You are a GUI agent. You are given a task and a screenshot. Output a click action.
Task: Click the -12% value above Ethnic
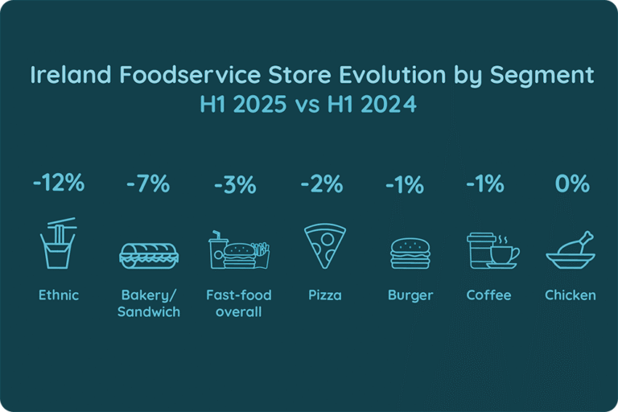pos(59,183)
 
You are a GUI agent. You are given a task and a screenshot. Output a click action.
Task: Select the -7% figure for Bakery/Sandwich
pos(148,183)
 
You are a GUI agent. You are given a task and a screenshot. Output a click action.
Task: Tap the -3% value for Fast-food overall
pos(235,184)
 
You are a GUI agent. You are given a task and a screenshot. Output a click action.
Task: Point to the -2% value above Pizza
pos(322,184)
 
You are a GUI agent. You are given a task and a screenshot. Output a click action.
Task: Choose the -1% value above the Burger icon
pos(404,184)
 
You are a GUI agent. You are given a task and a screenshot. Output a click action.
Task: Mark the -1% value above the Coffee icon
pos(485,184)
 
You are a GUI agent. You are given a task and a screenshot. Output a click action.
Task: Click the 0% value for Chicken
pos(572,184)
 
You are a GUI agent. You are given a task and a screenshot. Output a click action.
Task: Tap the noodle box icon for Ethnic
pos(58,243)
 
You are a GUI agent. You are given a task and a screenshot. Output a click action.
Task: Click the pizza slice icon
pos(324,245)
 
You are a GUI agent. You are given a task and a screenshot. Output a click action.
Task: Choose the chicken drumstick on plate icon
pos(571,250)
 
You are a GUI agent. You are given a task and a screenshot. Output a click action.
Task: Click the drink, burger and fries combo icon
pos(238,250)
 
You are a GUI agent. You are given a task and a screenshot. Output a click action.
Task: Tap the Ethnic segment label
pos(59,295)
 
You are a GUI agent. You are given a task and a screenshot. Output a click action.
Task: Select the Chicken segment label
pos(571,295)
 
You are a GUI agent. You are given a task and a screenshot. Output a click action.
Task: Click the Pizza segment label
pos(324,295)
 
